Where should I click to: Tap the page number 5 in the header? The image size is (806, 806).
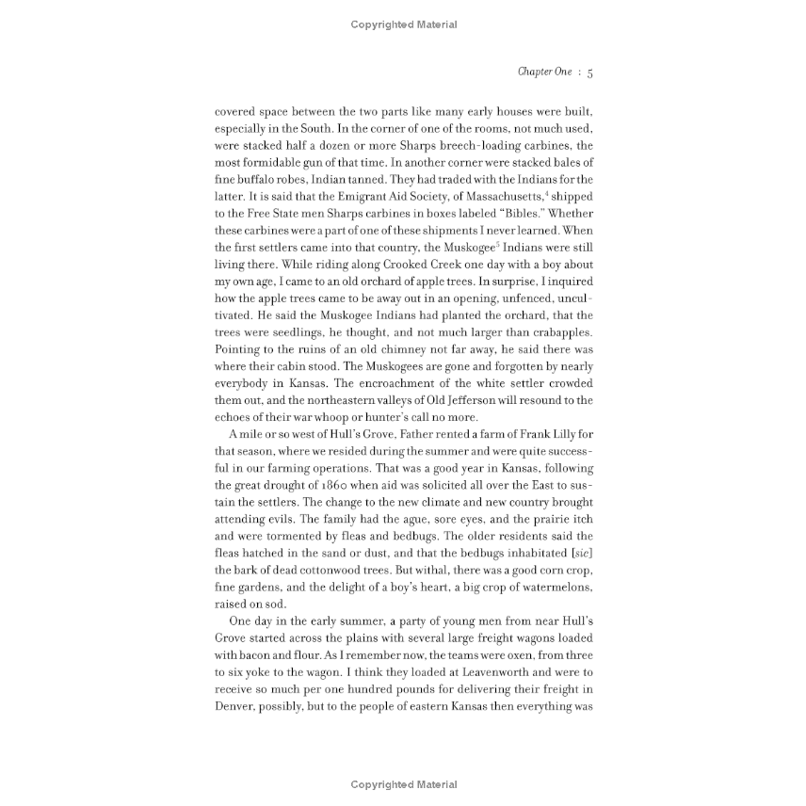[x=589, y=72]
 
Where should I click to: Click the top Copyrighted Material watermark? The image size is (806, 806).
[x=403, y=24]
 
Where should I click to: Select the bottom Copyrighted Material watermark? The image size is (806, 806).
[x=403, y=784]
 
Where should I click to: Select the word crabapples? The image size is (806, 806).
[x=556, y=332]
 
